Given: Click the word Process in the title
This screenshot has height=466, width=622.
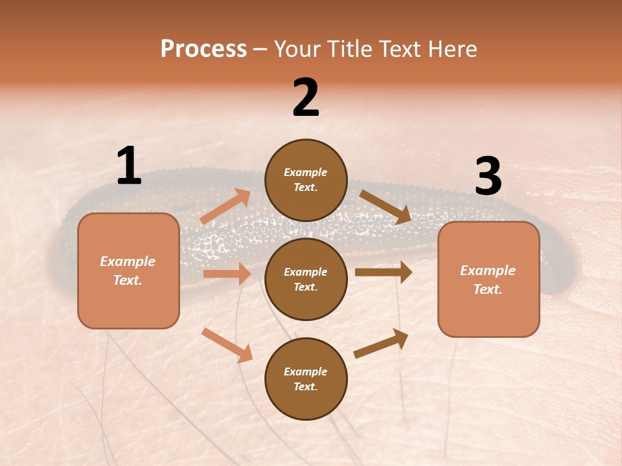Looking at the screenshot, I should [x=203, y=49].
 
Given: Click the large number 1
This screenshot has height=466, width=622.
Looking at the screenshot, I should [x=129, y=166].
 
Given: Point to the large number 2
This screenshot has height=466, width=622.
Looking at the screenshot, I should [x=306, y=98].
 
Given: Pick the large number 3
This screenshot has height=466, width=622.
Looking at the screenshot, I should [x=488, y=177].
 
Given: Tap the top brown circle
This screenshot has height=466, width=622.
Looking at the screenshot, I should [x=306, y=180].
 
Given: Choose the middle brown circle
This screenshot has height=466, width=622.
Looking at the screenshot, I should [x=306, y=279].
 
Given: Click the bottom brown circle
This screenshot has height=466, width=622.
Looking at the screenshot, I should [x=306, y=379].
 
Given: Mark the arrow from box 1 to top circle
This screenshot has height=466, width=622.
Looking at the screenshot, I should [x=225, y=206].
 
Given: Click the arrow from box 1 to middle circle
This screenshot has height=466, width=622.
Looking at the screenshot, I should [x=227, y=274].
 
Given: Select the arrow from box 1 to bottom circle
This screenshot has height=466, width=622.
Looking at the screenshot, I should [x=227, y=345].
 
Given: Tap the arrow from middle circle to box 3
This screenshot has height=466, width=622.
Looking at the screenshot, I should [x=383, y=272].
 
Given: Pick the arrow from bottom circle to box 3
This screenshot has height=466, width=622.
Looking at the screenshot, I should [x=381, y=343].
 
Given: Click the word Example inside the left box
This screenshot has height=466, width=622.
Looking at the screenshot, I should [x=128, y=261].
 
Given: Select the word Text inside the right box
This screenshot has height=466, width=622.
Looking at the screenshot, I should [x=487, y=289].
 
